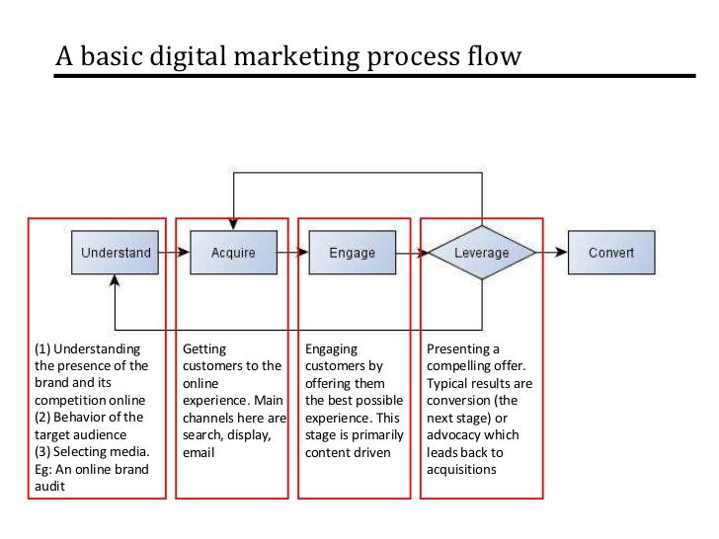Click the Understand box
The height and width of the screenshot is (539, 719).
coord(116,253)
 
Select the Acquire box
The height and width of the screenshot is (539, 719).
coord(233,253)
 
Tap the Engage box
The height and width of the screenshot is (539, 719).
coord(353,253)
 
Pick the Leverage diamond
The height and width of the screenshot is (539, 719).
coord(482,253)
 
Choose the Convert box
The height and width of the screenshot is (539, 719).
coord(611,253)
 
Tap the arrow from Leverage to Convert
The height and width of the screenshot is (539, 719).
coord(552,253)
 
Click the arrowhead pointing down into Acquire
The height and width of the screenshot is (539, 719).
coord(233,225)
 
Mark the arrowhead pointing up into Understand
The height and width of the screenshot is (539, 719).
coord(116,280)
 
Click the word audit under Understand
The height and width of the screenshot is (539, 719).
coord(48,487)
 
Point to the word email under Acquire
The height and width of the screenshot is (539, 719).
coord(199,453)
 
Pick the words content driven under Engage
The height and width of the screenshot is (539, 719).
coord(348,453)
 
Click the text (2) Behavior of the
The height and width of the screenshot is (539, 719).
coord(88,418)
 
